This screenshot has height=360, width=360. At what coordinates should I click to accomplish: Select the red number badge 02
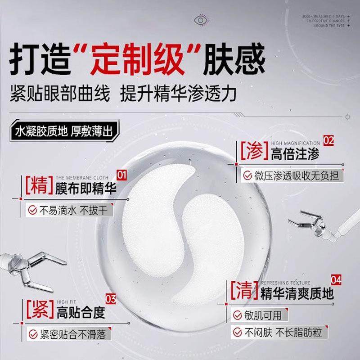(328, 140)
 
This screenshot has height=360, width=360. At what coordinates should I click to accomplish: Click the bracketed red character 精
(37, 185)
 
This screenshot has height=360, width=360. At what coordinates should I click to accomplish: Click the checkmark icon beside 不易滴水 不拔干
(33, 210)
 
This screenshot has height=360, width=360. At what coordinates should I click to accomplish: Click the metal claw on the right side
(310, 220)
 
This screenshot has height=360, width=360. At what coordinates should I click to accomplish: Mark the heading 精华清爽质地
(297, 294)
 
